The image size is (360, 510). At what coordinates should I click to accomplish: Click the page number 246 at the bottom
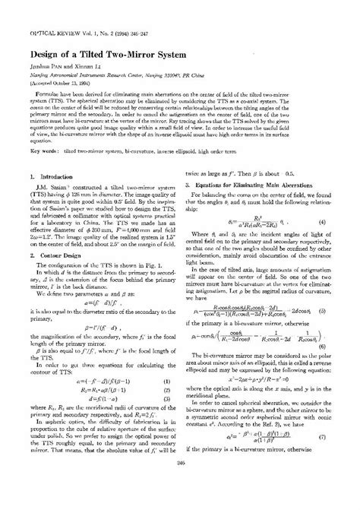tap(180, 499)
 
